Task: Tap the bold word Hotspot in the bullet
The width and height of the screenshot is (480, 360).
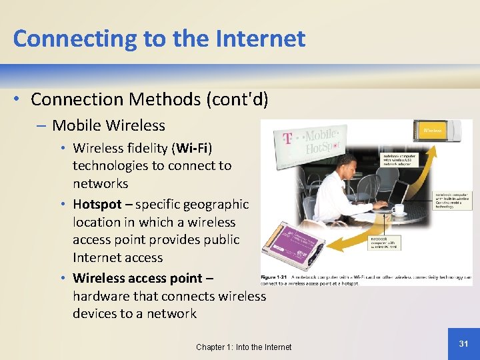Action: (97, 204)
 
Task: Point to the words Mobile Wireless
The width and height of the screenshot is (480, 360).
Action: (109, 125)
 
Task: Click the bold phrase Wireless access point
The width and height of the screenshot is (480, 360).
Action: (137, 278)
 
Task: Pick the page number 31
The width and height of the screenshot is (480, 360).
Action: (464, 343)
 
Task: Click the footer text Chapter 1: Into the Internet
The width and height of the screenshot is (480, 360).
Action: (243, 347)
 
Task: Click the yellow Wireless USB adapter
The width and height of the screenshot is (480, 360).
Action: (443, 131)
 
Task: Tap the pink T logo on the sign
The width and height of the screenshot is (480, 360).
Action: (288, 139)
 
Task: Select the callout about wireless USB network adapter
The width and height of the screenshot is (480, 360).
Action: (399, 161)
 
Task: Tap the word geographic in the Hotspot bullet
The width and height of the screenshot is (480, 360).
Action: (216, 204)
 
